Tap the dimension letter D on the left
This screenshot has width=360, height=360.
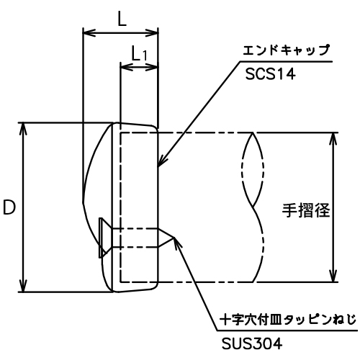pos(9,207)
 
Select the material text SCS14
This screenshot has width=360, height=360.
pos(270,73)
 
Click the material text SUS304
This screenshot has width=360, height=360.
pos(252,344)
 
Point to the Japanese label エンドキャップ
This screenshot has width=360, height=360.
pos(286,50)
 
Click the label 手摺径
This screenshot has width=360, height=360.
pos(306,210)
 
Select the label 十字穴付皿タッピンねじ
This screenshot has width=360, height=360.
pos(288,320)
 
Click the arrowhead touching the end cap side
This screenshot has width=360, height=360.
pos(161,161)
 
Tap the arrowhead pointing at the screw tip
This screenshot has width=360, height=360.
pos(177,243)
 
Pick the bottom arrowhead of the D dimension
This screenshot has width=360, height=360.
pos(23,286)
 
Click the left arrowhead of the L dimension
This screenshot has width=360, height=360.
pos(89,32)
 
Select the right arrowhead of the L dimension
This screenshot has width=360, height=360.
pos(152,32)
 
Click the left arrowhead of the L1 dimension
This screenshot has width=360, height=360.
pos(127,66)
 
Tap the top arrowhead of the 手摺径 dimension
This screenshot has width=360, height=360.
pos(333,138)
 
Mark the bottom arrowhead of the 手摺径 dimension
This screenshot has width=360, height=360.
pos(333,276)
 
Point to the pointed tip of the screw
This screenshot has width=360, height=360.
pos(173,238)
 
